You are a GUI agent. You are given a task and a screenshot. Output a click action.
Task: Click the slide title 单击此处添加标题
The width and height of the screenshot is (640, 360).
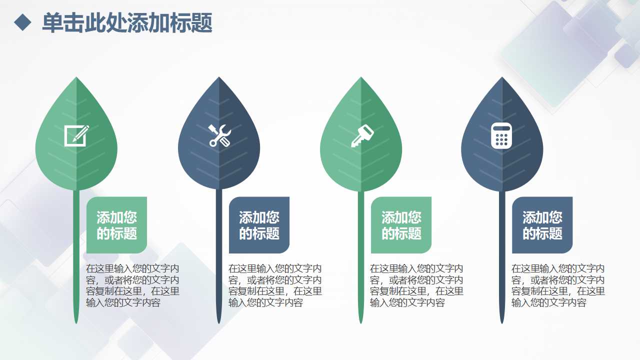pyautogui.click(x=127, y=23)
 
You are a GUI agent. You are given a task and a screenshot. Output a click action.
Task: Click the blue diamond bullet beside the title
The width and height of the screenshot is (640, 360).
pyautogui.click(x=23, y=22)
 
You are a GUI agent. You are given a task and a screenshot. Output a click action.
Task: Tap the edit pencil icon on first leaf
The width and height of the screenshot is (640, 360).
pyautogui.click(x=76, y=135)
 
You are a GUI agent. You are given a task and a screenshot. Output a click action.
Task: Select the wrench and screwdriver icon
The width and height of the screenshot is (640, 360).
pyautogui.click(x=219, y=135)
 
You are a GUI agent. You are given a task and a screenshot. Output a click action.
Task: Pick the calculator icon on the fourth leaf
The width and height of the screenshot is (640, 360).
pyautogui.click(x=501, y=135)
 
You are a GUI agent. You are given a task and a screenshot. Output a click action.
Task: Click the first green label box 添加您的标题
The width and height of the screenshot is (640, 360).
pyautogui.click(x=116, y=225)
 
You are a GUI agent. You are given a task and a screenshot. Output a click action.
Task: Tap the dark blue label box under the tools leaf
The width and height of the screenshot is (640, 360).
pyautogui.click(x=259, y=225)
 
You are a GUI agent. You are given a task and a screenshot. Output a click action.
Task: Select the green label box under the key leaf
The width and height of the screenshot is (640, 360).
pyautogui.click(x=401, y=225)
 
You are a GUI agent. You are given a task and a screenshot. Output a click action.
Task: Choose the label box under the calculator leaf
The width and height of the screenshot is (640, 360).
pyautogui.click(x=542, y=225)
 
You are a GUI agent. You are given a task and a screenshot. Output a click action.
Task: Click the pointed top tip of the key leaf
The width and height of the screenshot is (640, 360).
pyautogui.click(x=360, y=79)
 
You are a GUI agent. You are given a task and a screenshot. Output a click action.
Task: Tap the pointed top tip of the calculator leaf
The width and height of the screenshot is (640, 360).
pyautogui.click(x=502, y=79)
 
